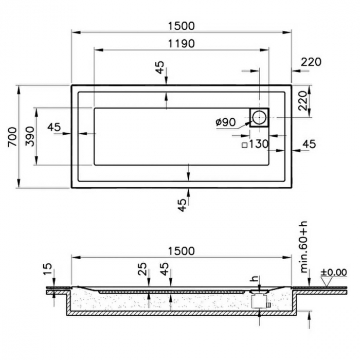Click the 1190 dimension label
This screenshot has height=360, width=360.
pyautogui.click(x=182, y=43)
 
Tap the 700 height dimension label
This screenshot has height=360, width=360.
pyautogui.click(x=12, y=137)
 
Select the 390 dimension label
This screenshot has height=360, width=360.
pyautogui.click(x=30, y=136)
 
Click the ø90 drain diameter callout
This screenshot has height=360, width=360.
pyautogui.click(x=225, y=122)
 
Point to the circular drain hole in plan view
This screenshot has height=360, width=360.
pyautogui.click(x=259, y=117)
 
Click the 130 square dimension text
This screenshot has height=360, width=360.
pyautogui.click(x=259, y=144)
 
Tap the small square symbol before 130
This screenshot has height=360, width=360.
pyautogui.click(x=245, y=145)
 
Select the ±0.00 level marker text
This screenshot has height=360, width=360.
pyautogui.click(x=334, y=272)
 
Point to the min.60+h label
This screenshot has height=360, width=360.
pyautogui.click(x=304, y=247)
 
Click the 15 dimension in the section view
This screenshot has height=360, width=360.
pyautogui.click(x=47, y=269)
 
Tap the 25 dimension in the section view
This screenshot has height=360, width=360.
pyautogui.click(x=142, y=269)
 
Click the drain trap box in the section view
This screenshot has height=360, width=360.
pyautogui.click(x=259, y=301)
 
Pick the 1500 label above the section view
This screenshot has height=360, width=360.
pyautogui.click(x=182, y=251)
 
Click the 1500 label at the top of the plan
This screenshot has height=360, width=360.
pyautogui.click(x=182, y=26)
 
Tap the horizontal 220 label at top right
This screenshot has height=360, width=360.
pyautogui.click(x=311, y=62)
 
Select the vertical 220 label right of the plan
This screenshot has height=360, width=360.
pyautogui.click(x=302, y=101)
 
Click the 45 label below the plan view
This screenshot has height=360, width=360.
pyautogui.click(x=182, y=205)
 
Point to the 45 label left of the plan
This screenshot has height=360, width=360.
pyautogui.click(x=54, y=127)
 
